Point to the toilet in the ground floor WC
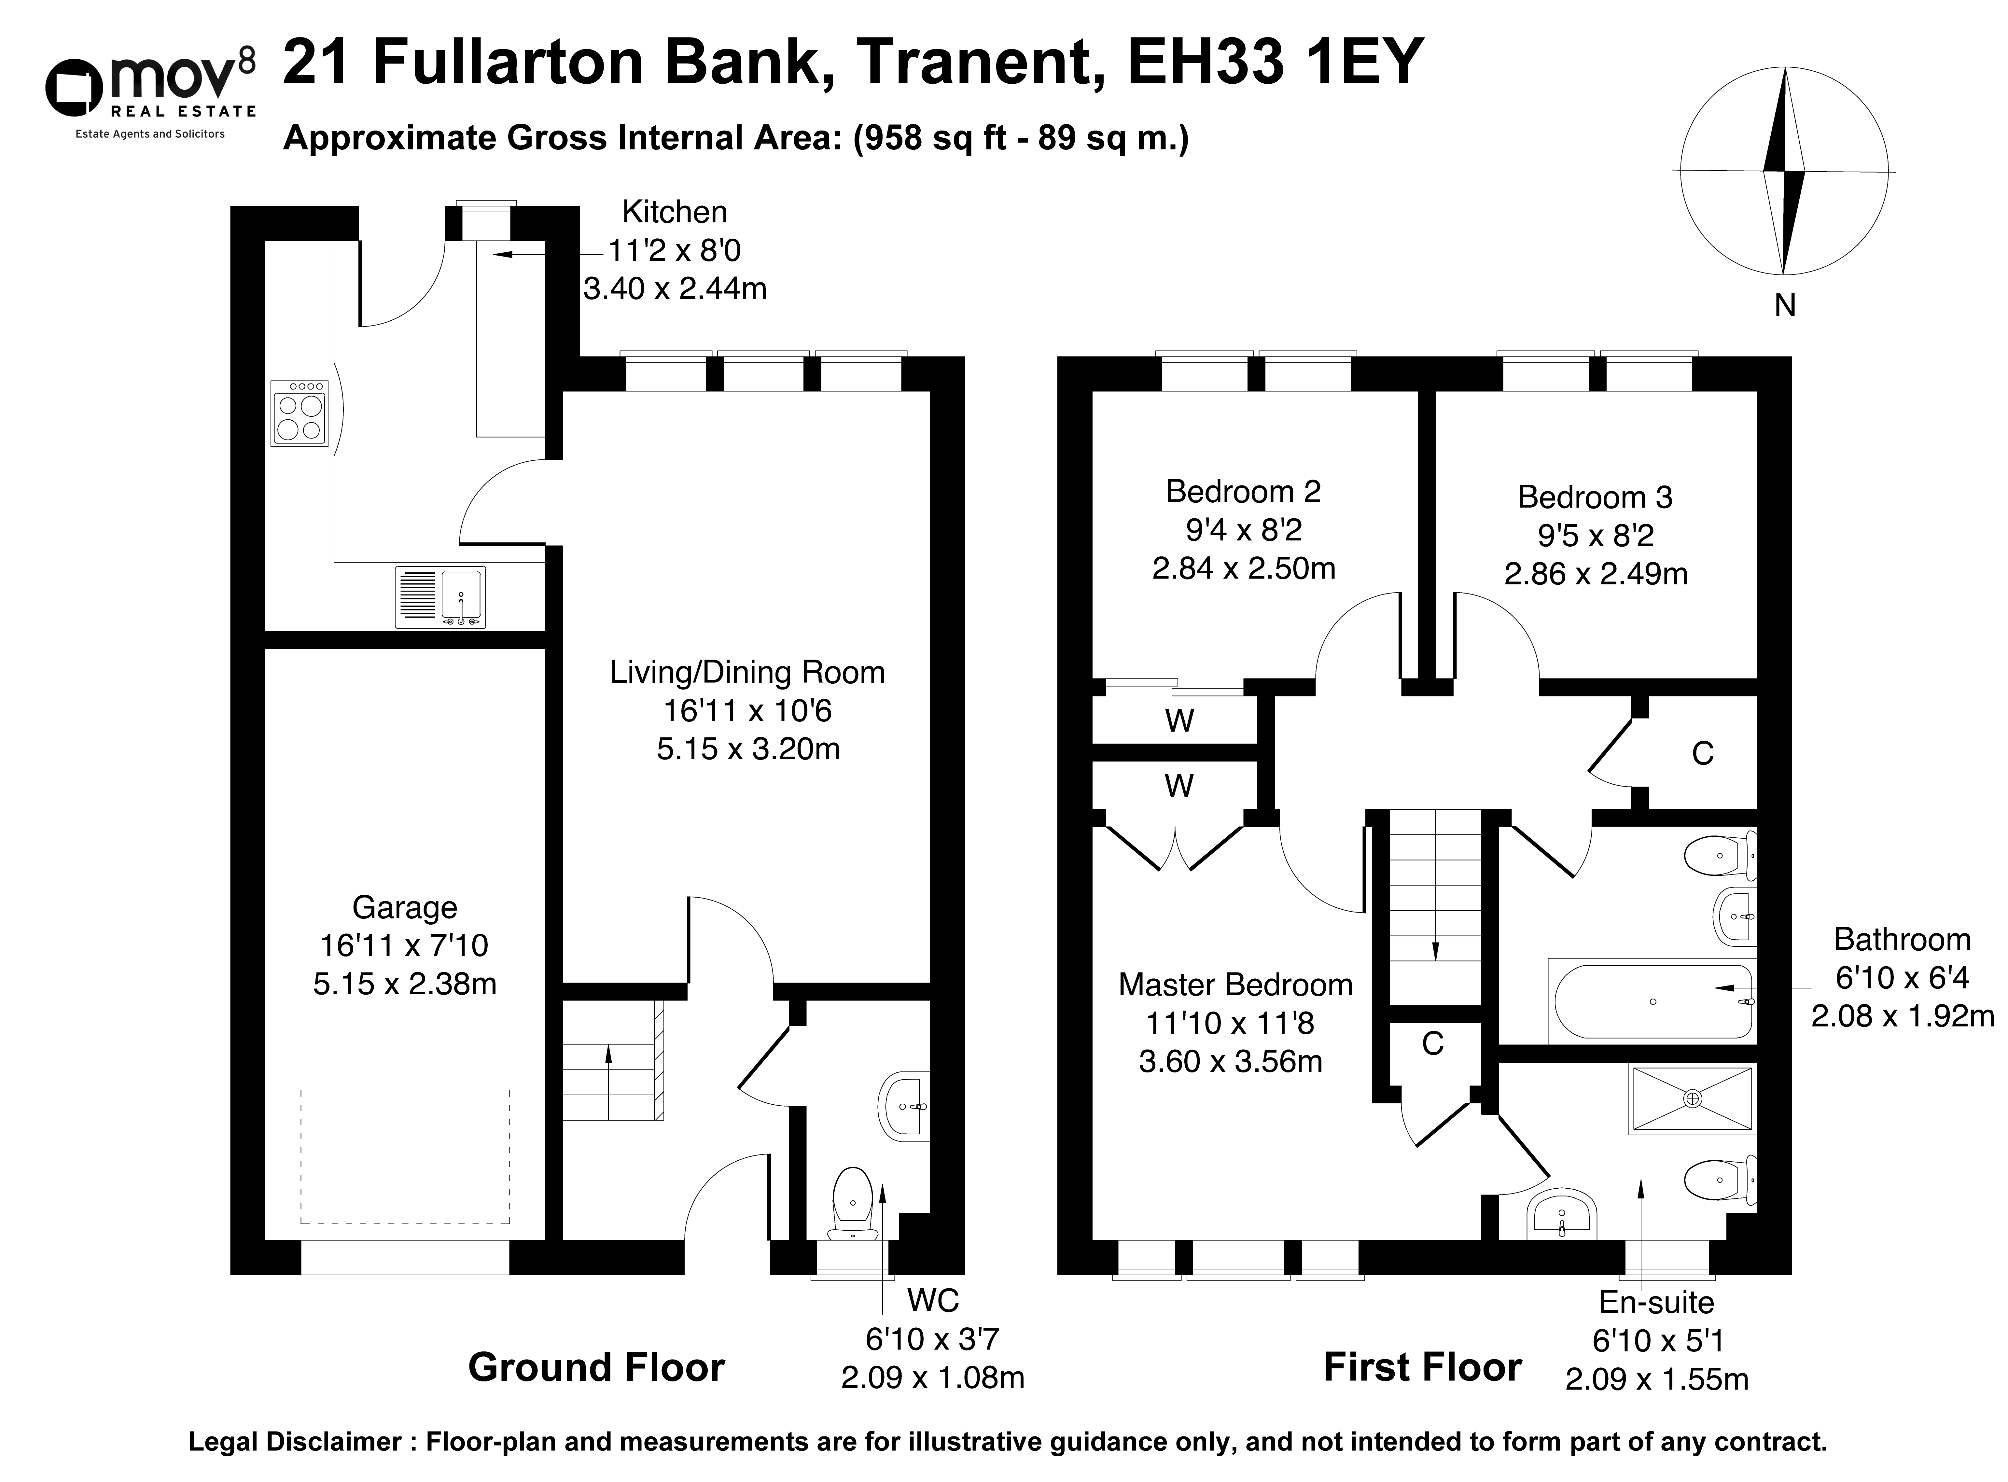coord(853,1202)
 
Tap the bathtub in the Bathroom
coord(1653,1001)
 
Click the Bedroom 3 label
coord(1596,497)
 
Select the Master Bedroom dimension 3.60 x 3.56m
coord(1231,1061)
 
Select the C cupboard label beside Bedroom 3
coord(1702,754)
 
